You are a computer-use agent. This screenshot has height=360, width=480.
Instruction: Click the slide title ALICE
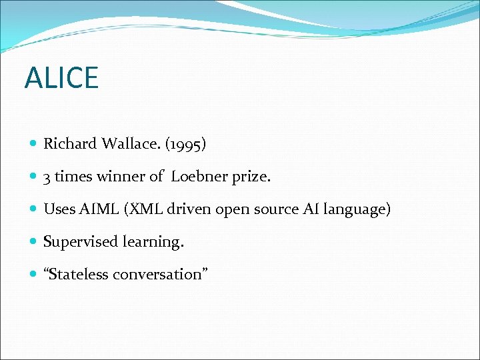[x=61, y=78]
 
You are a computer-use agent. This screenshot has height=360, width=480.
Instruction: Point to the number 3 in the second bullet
[x=47, y=177]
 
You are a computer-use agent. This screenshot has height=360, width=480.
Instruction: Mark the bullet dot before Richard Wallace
[x=34, y=144]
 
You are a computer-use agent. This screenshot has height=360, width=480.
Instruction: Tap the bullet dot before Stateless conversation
[x=34, y=275]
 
